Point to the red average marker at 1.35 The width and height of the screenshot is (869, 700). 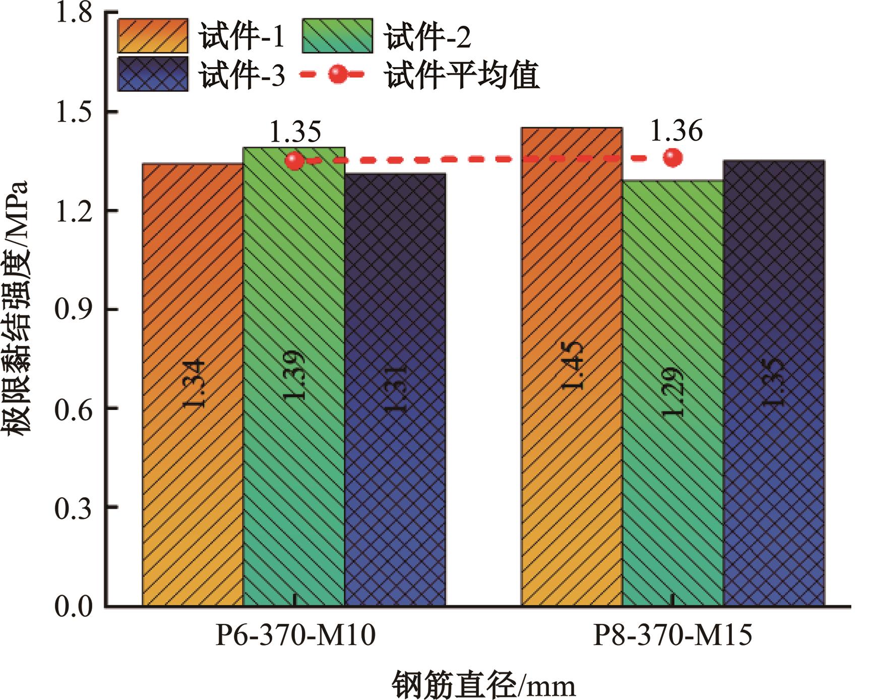(x=295, y=161)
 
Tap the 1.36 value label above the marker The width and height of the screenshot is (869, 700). (x=676, y=132)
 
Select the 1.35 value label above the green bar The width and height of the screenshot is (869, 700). (x=295, y=133)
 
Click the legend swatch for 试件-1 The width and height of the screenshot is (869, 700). (x=153, y=36)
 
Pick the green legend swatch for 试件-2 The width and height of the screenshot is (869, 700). (x=338, y=36)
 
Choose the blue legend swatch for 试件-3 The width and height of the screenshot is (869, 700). (x=153, y=74)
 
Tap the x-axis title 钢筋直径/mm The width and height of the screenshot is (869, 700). (x=484, y=684)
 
